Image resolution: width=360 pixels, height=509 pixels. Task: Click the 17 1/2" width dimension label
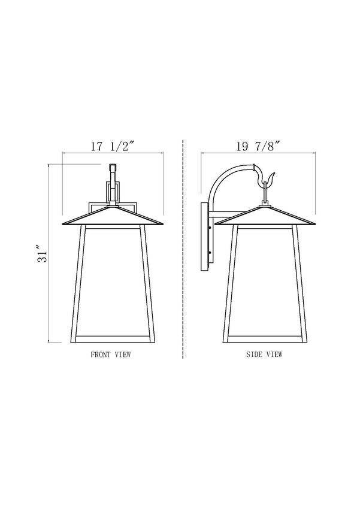point(113,147)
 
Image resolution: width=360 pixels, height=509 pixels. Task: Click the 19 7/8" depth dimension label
point(258,147)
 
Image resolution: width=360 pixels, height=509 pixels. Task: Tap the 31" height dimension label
point(43,253)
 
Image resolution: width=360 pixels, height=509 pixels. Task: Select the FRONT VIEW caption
point(111,354)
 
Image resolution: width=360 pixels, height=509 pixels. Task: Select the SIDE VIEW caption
point(264,354)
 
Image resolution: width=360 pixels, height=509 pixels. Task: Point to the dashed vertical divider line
point(183,249)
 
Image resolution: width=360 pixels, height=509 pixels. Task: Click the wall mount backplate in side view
point(205,237)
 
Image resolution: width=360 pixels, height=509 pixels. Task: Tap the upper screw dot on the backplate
point(210,228)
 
